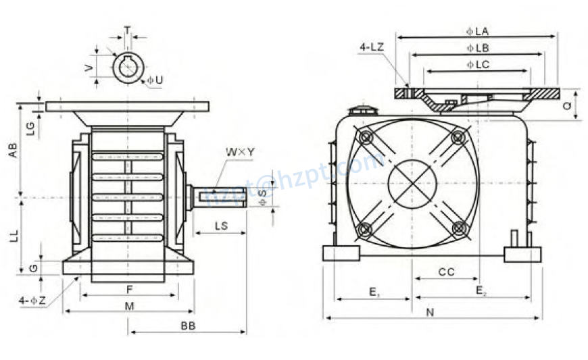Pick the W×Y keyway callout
click(x=241, y=153)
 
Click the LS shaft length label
click(x=220, y=225)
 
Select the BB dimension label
click(x=188, y=325)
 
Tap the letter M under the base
click(x=129, y=306)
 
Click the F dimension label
click(x=129, y=288)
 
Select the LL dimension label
click(x=11, y=235)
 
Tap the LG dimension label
click(x=30, y=128)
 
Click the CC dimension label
click(x=446, y=272)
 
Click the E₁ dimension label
click(x=373, y=291)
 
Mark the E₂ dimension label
click(x=481, y=291)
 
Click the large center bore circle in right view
click(x=412, y=183)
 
